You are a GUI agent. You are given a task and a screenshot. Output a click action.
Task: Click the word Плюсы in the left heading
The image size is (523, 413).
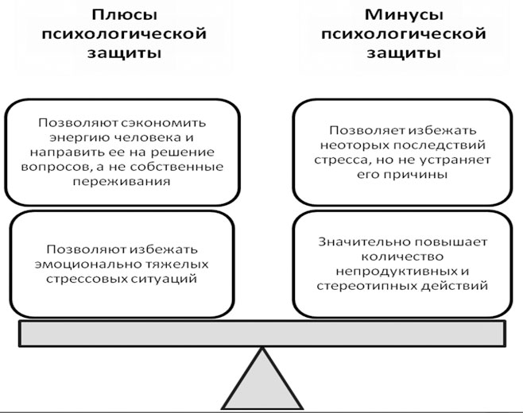coord(124,16)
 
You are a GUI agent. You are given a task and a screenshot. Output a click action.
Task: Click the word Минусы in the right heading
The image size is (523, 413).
coord(404,16)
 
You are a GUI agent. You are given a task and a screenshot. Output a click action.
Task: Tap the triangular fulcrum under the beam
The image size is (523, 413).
coord(262,379)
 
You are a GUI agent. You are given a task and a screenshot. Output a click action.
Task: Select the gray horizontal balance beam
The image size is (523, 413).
coord(262,334)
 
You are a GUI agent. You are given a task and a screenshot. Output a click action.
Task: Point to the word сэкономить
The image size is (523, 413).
coord(164,123)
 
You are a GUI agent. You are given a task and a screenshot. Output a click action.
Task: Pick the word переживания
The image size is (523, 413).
coord(122,182)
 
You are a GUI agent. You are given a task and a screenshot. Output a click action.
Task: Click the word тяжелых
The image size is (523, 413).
coord(177,264)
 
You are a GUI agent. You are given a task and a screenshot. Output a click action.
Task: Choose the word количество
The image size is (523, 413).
coord(403,257)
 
